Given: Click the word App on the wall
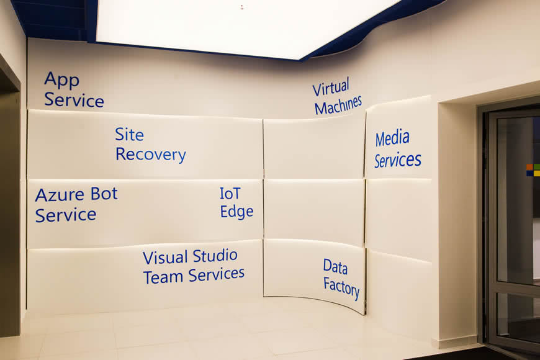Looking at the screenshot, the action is [x=61, y=80].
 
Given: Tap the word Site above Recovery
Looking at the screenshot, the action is [x=129, y=134].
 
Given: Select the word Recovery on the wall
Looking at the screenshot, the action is [x=150, y=155].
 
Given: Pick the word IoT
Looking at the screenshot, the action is [x=230, y=194].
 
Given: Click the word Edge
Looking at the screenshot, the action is [x=236, y=212].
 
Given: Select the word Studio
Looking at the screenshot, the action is [x=215, y=256].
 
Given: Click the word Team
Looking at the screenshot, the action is [x=164, y=277].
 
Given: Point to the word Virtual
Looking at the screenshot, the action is [x=331, y=87].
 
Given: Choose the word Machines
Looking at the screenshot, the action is [x=338, y=105].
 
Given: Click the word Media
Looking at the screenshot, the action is [x=392, y=138].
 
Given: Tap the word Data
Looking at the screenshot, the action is [x=335, y=267].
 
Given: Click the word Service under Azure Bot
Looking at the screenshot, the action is [x=65, y=215].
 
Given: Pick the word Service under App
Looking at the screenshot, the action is [x=74, y=100].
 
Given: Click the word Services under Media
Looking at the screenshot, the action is [x=398, y=160].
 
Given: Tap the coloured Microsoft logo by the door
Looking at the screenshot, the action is [x=533, y=170].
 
